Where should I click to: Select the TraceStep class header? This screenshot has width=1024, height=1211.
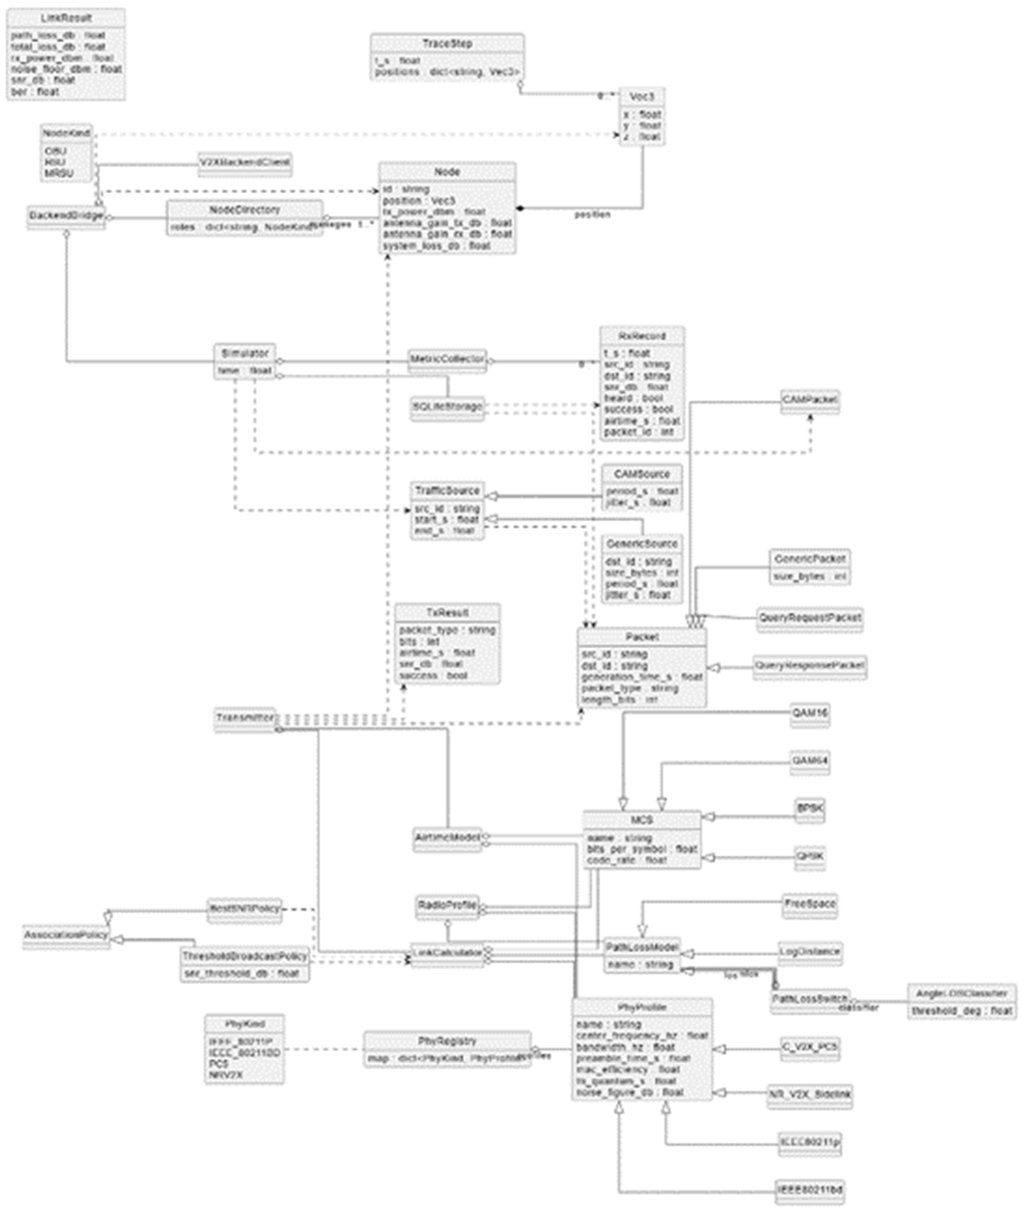[447, 44]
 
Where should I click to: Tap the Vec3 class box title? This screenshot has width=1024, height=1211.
[641, 96]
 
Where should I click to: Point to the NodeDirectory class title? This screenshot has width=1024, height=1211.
[245, 210]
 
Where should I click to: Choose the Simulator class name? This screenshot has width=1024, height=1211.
[245, 353]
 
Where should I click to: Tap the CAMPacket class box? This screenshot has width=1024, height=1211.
[810, 401]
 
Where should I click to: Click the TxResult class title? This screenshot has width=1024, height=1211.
[447, 612]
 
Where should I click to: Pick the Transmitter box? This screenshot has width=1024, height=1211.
[245, 718]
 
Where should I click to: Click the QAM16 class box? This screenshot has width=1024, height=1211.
[810, 714]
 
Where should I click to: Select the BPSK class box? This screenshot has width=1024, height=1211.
[810, 808]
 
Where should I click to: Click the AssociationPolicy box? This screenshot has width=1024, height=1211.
[66, 935]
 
